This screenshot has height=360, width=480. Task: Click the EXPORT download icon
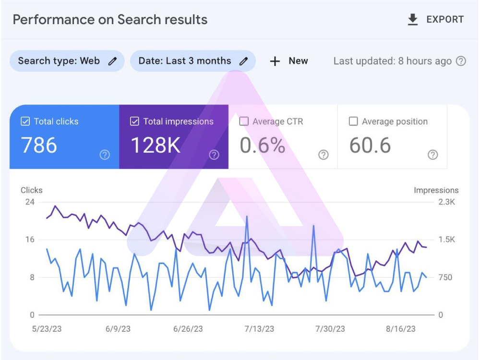pyautogui.click(x=413, y=19)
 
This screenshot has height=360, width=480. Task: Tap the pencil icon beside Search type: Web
pyautogui.click(x=112, y=61)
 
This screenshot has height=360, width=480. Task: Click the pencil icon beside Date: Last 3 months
pyautogui.click(x=243, y=61)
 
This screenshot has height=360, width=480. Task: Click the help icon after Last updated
pyautogui.click(x=461, y=61)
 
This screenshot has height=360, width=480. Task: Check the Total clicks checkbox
pyautogui.click(x=25, y=121)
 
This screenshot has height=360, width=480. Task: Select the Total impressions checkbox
pyautogui.click(x=134, y=121)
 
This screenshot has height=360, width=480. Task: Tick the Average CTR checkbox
pyautogui.click(x=244, y=121)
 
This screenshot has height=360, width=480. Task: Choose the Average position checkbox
pyautogui.click(x=353, y=121)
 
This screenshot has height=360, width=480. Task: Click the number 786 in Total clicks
pyautogui.click(x=39, y=145)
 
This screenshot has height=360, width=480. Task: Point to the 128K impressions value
pyautogui.click(x=156, y=145)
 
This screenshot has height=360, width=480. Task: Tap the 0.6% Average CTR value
pyautogui.click(x=263, y=145)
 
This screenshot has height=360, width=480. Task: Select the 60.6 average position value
pyautogui.click(x=370, y=145)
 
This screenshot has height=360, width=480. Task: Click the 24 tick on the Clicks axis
pyautogui.click(x=30, y=202)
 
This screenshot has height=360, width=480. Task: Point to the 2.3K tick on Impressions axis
pyautogui.click(x=446, y=202)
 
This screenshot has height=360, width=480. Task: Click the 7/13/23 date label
pyautogui.click(x=259, y=329)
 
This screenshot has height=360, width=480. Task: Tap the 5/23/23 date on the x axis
pyautogui.click(x=47, y=329)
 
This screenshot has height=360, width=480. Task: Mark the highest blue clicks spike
pyautogui.click(x=247, y=216)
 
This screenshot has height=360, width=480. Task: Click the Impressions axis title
pyautogui.click(x=436, y=190)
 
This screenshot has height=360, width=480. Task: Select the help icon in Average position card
pyautogui.click(x=432, y=155)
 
